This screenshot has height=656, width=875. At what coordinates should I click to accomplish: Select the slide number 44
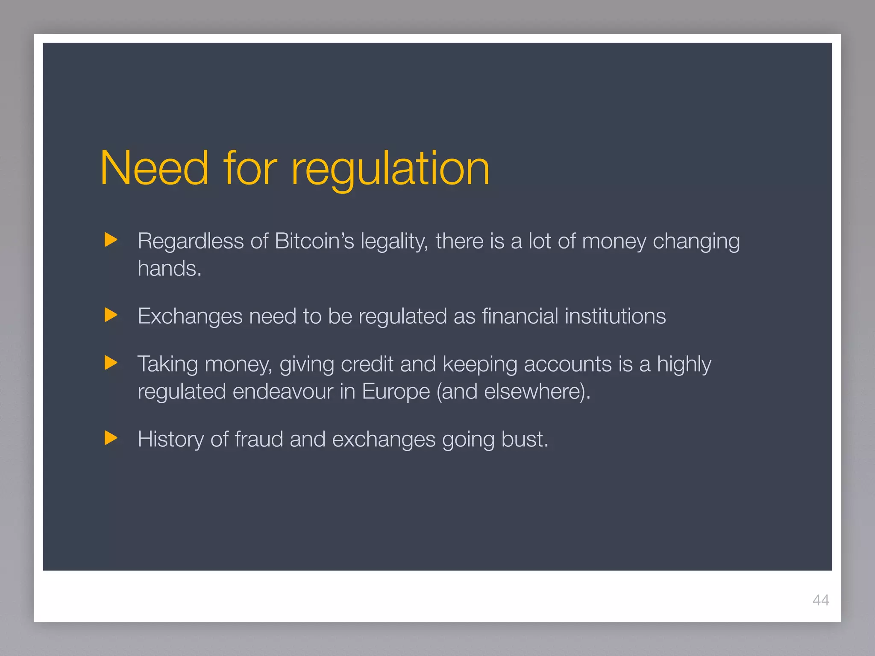point(821,600)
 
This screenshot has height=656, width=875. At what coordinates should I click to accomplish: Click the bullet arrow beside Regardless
point(111,240)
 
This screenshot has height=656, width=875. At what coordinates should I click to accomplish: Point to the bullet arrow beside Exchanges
point(111,315)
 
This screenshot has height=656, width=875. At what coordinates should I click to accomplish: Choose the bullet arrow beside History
point(111,438)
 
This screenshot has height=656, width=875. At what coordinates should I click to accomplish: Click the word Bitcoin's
point(314,241)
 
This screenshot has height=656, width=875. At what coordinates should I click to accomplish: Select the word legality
point(394,242)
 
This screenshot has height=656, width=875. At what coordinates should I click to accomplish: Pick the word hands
point(169,269)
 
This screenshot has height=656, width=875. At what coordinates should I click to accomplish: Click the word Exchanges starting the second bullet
point(190,316)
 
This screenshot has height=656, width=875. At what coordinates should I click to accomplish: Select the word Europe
point(396,392)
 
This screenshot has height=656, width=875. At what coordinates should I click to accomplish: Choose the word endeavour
point(283,392)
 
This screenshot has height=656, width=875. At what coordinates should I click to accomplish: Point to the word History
point(170,439)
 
